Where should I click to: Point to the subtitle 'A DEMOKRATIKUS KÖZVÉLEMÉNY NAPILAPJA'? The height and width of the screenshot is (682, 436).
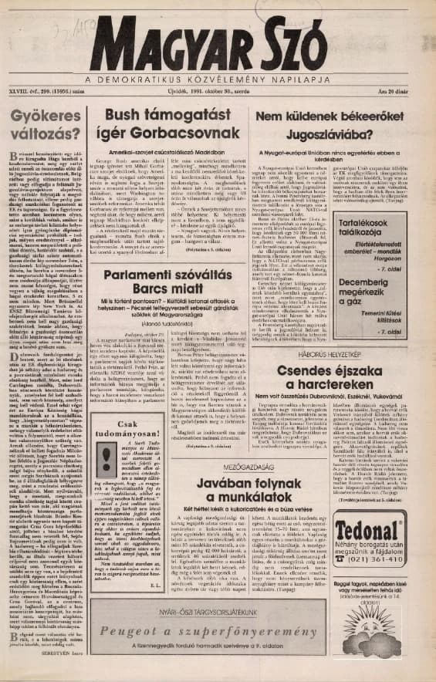click(218, 78)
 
